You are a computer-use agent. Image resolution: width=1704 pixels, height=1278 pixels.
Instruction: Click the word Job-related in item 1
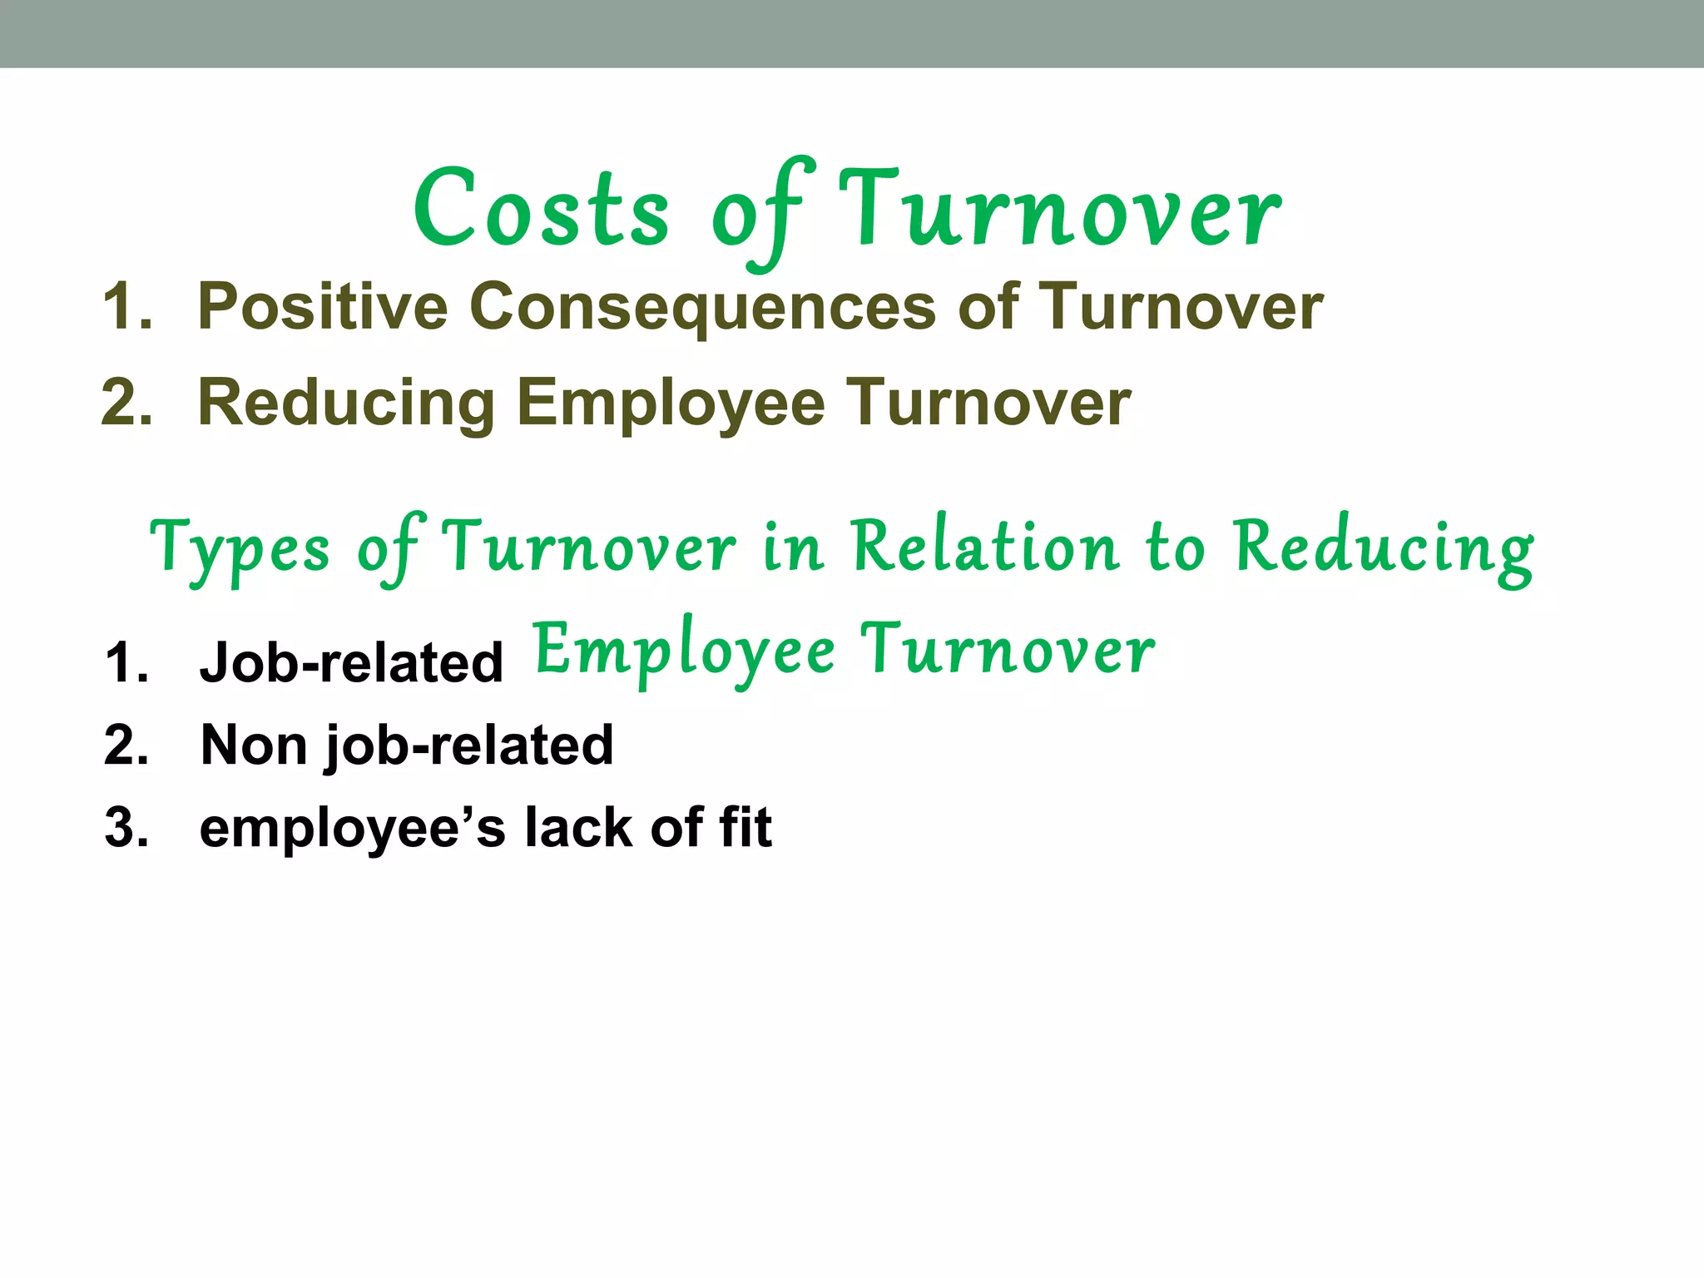351,663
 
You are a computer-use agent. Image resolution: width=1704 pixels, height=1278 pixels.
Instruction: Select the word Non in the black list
254,745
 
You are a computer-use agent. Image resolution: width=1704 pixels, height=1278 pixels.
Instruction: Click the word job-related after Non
469,746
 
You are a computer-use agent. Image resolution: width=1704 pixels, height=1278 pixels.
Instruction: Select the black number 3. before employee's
127,829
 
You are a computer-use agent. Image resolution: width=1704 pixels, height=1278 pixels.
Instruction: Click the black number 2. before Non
127,745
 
